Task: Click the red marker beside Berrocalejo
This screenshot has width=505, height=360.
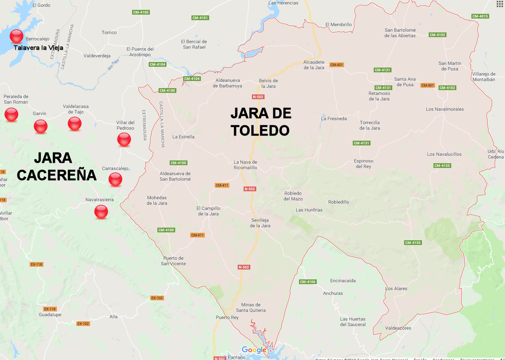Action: [17, 36]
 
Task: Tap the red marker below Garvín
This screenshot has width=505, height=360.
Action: [41, 126]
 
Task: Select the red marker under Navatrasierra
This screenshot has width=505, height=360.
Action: [101, 212]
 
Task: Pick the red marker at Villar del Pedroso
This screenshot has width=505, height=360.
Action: [124, 139]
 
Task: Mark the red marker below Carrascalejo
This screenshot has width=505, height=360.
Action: [115, 179]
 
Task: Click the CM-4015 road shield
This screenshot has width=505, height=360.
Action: [480, 16]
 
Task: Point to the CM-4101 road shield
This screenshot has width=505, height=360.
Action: [200, 18]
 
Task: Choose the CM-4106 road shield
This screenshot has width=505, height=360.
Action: [308, 282]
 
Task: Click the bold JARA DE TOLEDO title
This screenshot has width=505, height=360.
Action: [261, 122]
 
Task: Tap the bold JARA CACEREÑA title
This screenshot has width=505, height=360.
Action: [57, 166]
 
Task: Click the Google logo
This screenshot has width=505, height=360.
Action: [254, 350]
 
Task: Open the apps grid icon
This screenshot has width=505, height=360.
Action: [499, 4]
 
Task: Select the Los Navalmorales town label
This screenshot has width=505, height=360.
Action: [445, 109]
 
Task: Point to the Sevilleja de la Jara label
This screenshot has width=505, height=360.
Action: [260, 223]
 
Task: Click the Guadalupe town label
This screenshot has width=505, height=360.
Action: [50, 315]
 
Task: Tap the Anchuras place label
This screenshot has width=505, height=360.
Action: [333, 293]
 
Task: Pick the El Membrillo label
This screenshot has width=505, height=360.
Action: [339, 25]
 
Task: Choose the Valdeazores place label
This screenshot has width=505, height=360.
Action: [398, 328]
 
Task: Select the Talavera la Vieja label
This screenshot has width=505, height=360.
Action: [38, 48]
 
